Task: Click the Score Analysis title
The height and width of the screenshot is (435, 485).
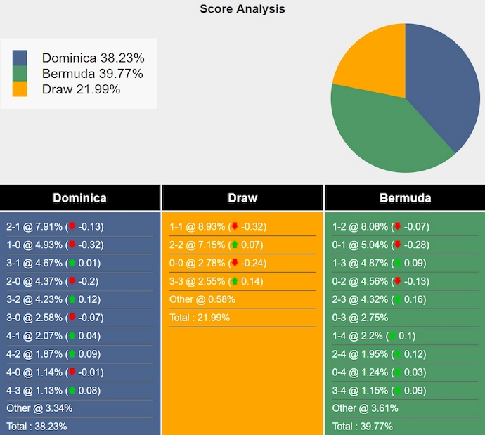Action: (x=242, y=9)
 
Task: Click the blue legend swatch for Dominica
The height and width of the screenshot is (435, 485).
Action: (x=20, y=58)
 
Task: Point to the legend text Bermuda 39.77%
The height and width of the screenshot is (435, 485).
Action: (x=92, y=74)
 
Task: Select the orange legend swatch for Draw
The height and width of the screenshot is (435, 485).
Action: (x=20, y=89)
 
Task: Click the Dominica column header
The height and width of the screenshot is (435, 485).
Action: (x=79, y=197)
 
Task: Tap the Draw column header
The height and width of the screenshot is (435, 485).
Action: (x=242, y=197)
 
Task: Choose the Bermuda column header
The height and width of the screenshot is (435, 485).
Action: (x=405, y=197)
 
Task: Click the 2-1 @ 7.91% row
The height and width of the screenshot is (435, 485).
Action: (x=55, y=227)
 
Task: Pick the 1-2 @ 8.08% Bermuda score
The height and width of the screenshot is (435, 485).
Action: (x=380, y=227)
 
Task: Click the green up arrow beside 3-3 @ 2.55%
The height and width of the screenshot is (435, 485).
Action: (x=234, y=281)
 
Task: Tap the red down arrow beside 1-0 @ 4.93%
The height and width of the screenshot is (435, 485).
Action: (x=71, y=245)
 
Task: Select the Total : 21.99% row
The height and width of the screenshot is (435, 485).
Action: (x=199, y=318)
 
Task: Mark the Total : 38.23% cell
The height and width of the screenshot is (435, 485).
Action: (x=37, y=427)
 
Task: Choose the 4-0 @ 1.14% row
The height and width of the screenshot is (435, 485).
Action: (x=55, y=372)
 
